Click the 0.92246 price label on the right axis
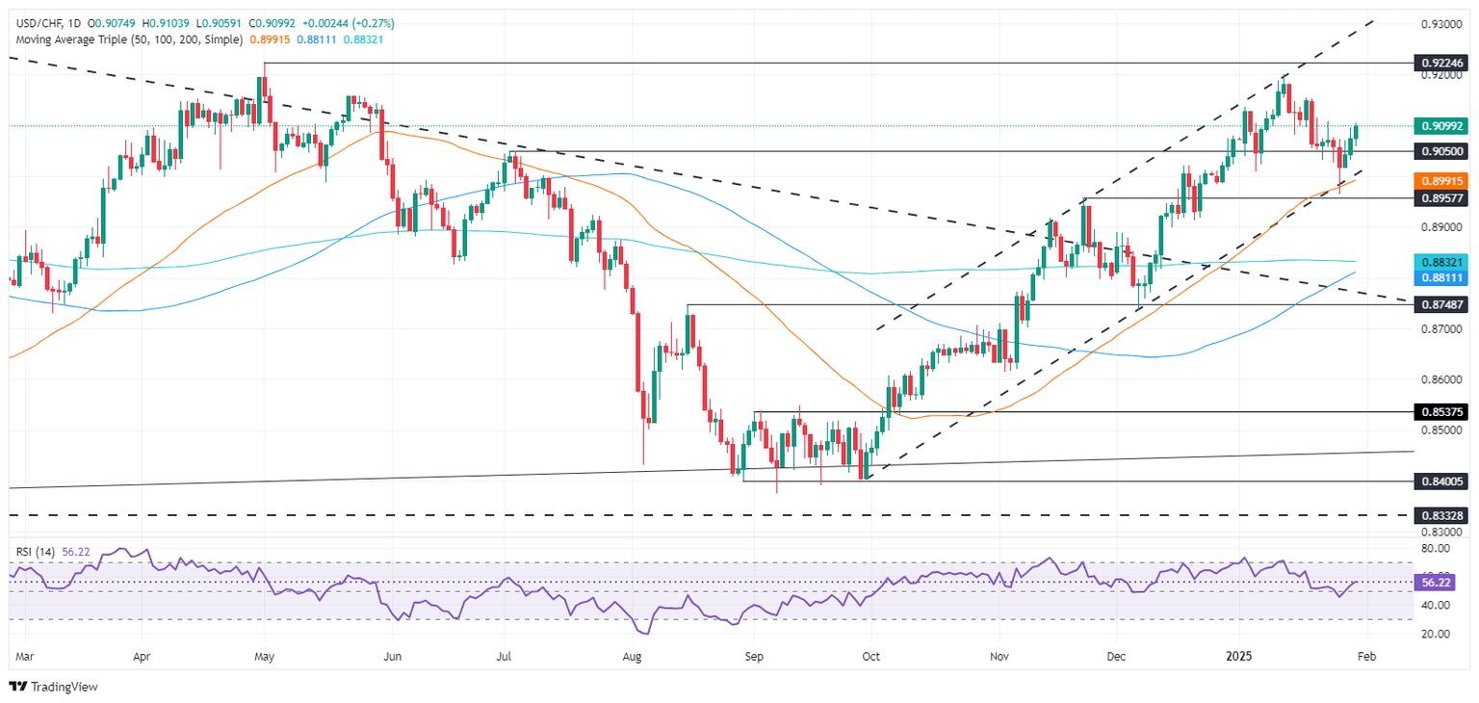point(1441,63)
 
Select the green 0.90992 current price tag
point(1441,126)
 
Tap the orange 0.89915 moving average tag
point(1441,180)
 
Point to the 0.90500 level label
point(1441,151)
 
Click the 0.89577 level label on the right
point(1441,197)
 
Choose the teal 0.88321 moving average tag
point(1441,261)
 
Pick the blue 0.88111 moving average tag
point(1441,276)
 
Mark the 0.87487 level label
point(1441,304)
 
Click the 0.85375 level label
point(1441,411)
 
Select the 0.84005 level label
point(1441,481)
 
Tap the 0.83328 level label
point(1441,515)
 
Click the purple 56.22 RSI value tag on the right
point(1441,583)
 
